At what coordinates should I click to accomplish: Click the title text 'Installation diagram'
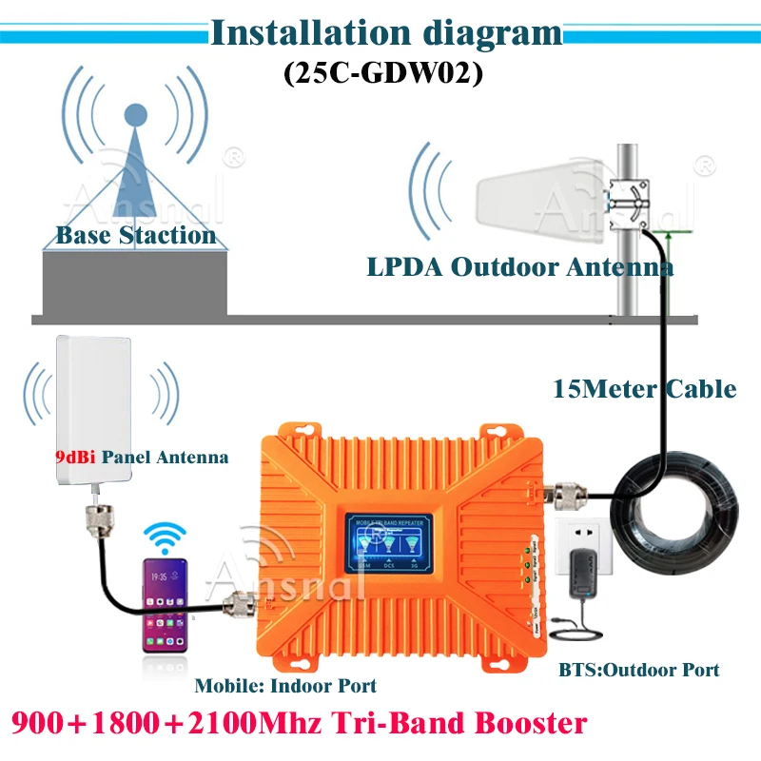point(386,32)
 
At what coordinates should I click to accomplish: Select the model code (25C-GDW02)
point(383,74)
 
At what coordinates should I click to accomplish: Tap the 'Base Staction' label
point(136,235)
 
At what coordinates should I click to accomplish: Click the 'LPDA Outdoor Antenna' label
point(519,267)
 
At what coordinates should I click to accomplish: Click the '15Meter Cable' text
point(644,388)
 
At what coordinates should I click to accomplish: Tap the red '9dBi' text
point(70,457)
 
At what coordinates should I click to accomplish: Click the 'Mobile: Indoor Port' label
point(284,686)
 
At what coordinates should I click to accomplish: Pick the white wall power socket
point(586,547)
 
